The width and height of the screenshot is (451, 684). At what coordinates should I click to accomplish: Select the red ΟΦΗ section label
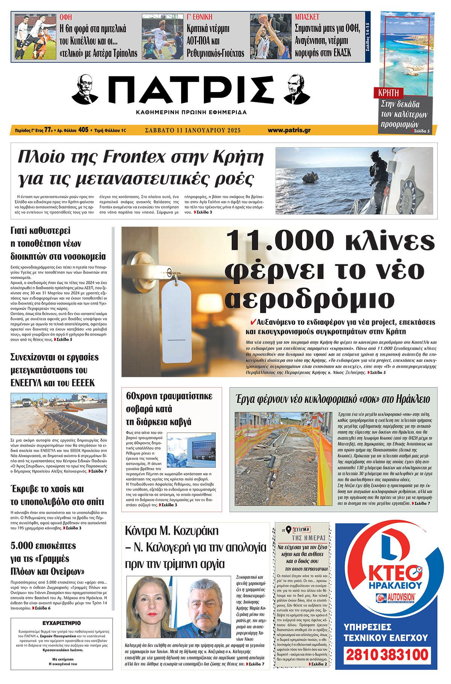pos(66,17)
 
